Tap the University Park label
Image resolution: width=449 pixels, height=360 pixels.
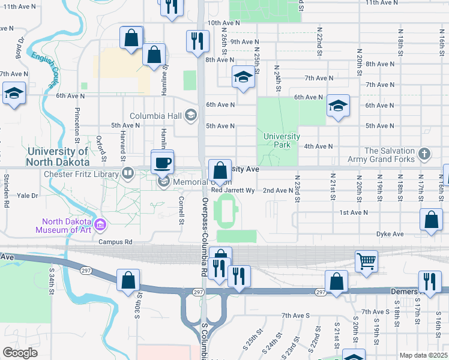pos(281,140)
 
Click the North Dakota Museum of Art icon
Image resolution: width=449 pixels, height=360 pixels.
pos(101,225)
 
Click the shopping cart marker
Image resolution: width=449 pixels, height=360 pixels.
pos(366,261)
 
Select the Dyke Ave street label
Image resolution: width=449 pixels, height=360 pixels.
pos(387,233)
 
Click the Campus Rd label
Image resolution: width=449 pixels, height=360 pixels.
pos(115,242)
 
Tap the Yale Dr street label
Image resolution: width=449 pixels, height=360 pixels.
pos(28,196)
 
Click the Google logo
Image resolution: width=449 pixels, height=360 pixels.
pos(20,352)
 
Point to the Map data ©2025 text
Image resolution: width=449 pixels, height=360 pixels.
pos(424,355)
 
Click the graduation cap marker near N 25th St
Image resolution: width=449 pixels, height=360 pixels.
pos(243,77)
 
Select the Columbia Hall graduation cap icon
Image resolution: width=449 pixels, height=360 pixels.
pos(191,115)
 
